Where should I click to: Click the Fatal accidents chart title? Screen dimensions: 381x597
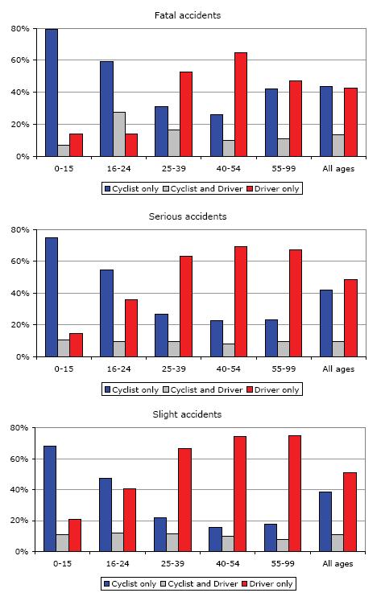tap(188, 15)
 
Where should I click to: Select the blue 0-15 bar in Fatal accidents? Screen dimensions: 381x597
tap(52, 93)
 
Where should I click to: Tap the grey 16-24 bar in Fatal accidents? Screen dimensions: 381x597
tap(119, 134)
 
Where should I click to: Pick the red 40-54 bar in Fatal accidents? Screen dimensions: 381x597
tap(240, 105)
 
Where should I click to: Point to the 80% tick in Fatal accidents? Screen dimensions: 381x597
tap(21, 28)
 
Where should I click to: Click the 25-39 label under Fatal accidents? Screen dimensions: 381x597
tap(173, 168)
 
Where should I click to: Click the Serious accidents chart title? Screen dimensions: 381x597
tap(188, 216)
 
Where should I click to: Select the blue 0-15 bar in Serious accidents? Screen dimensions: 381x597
tap(52, 297)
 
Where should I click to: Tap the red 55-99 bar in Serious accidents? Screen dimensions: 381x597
tap(296, 303)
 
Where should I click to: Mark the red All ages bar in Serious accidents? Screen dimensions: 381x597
tap(350, 318)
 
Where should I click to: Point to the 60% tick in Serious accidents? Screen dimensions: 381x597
tap(21, 261)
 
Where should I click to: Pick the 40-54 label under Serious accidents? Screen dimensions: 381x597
tap(228, 369)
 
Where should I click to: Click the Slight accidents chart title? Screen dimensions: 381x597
tap(187, 414)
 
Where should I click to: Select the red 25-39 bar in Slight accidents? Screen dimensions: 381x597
tap(184, 500)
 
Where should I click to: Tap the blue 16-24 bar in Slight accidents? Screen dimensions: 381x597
tap(106, 514)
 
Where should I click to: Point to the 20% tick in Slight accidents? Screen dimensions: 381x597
tap(19, 521)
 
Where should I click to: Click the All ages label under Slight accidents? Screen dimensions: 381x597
tap(338, 563)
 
